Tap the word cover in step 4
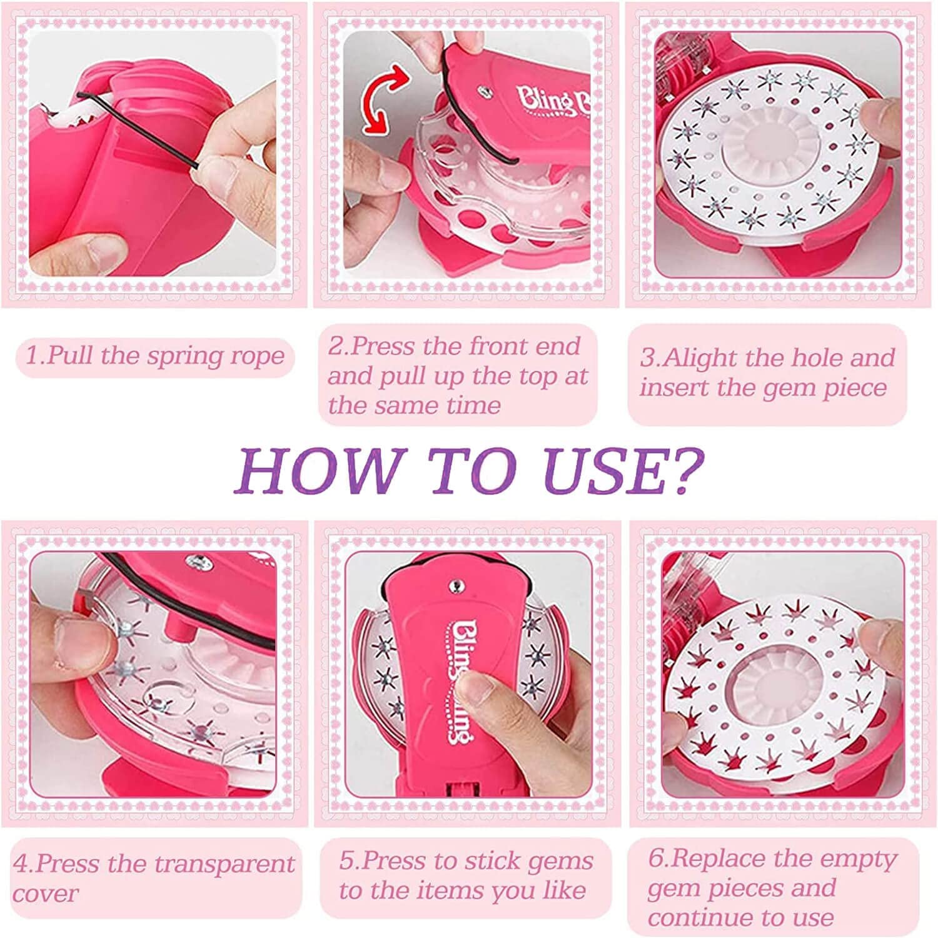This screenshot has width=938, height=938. point(46,894)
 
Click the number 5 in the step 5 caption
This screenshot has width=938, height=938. point(348,861)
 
